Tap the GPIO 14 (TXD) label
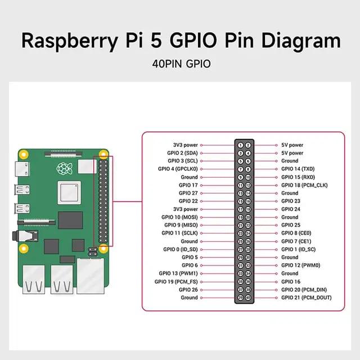(298, 169)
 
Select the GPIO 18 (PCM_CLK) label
(304, 185)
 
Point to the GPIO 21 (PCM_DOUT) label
(306, 298)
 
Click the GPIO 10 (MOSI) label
(179, 217)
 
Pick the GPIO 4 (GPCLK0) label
(178, 169)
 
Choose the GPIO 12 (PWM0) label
(301, 265)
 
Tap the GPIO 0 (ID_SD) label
(181, 249)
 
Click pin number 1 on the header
(240, 145)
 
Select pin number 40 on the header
(247, 298)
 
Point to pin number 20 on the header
(247, 217)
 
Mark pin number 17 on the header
(240, 209)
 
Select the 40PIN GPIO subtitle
(181, 64)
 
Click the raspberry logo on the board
(62, 169)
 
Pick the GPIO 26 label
(188, 290)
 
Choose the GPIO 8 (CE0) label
(296, 233)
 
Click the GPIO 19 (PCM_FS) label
(179, 281)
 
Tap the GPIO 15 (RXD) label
(298, 177)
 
